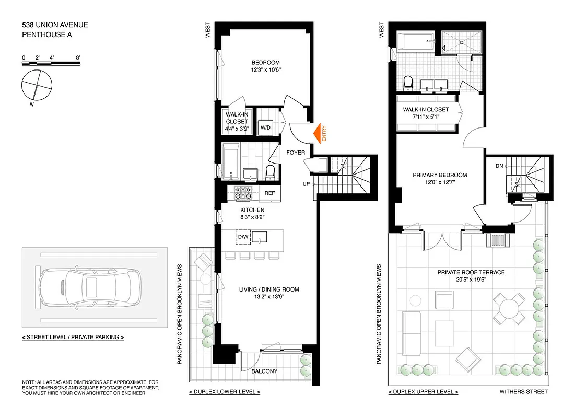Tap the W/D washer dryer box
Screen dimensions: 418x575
point(266,127)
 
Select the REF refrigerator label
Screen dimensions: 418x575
point(269,193)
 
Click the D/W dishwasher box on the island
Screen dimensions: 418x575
point(243,237)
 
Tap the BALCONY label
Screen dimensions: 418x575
point(264,371)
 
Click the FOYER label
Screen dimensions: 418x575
point(296,153)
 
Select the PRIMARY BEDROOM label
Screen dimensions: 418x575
point(440,175)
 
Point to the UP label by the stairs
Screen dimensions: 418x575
point(307,184)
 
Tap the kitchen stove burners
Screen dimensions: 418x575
point(243,193)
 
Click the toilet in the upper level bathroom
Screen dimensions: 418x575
point(408,83)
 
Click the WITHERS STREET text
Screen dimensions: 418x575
point(523,392)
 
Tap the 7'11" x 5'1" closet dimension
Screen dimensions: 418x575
point(426,117)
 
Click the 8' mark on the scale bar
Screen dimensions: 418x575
point(77,57)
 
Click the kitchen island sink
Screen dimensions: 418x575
point(260,238)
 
